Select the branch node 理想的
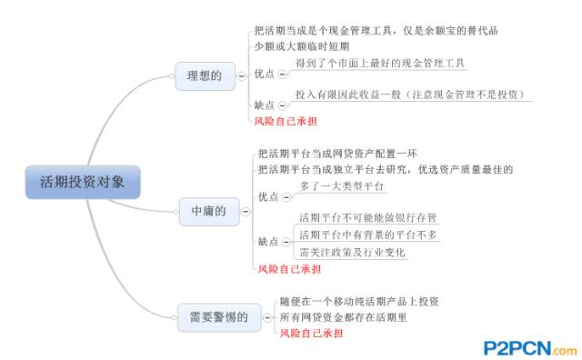204,75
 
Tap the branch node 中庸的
204,211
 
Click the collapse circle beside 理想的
243,75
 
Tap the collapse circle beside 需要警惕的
267,316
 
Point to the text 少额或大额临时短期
301,46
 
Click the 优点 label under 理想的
266,73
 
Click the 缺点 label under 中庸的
268,241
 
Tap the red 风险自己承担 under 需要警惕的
312,333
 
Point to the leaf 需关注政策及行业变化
353,252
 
